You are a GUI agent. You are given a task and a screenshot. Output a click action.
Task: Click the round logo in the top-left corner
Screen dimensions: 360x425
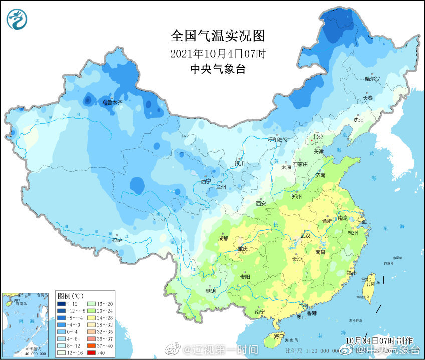17,19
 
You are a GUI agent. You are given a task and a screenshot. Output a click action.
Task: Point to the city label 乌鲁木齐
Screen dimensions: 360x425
112,102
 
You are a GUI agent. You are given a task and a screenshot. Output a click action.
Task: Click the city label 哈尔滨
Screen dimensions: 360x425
372,79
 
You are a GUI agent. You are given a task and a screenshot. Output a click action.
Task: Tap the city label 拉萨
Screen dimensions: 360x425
117,240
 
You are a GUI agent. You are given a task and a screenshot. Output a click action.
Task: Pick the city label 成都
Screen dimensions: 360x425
223,238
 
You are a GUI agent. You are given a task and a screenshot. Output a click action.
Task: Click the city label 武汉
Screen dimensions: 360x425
305,236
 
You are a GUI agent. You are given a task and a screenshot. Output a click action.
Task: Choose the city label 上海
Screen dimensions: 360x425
361,221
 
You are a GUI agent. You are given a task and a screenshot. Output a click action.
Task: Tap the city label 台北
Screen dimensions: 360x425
368,279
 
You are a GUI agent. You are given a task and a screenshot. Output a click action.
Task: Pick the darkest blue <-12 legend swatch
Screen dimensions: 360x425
61,304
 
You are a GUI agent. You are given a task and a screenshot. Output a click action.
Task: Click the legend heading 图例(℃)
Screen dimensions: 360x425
70,295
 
